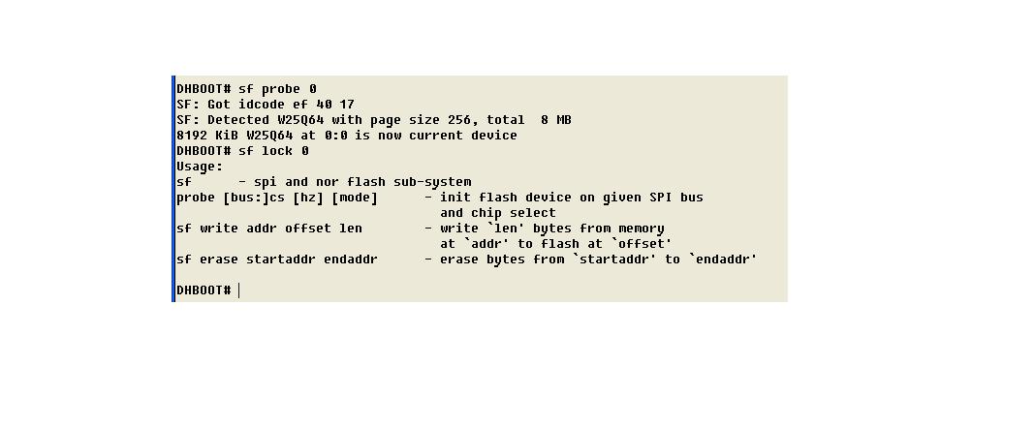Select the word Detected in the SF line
pyautogui.click(x=238, y=120)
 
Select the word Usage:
pyautogui.click(x=200, y=167)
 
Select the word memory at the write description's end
pyautogui.click(x=642, y=229)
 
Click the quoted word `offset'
pyautogui.click(x=642, y=244)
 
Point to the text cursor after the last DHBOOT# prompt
pyautogui.click(x=239, y=290)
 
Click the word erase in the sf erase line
pyautogui.click(x=219, y=259)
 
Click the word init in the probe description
pyautogui.click(x=455, y=198)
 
